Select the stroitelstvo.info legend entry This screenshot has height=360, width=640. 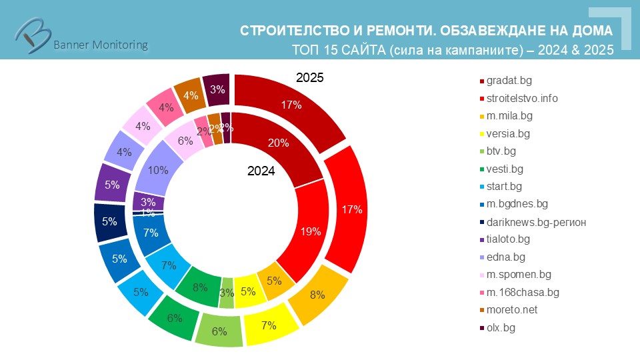tap(522, 98)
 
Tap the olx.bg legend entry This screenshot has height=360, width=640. tap(501, 327)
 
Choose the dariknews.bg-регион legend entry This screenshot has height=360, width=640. tap(537, 221)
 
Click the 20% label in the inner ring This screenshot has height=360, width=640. tap(278, 142)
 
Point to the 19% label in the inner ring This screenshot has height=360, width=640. tap(311, 231)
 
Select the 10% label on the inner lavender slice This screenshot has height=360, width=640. tap(159, 171)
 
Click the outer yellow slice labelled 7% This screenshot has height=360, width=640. tap(269, 325)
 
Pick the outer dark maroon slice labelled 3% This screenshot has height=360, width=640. tap(217, 90)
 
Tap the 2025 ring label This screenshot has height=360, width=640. tap(309, 78)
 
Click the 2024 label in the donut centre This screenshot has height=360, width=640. tap(261, 171)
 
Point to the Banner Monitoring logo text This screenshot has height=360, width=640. tap(100, 45)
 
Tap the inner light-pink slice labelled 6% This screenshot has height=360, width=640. tap(184, 141)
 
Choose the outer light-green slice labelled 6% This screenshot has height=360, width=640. tap(219, 331)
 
